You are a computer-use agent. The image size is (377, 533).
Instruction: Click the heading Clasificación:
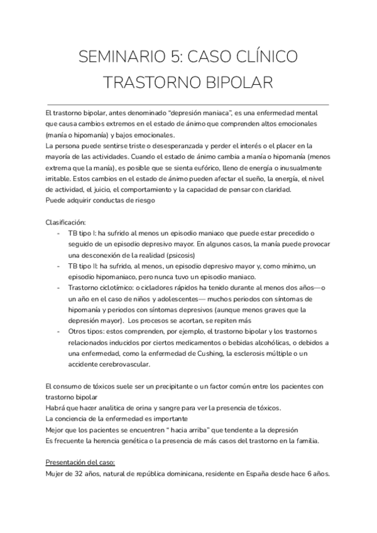[69, 223]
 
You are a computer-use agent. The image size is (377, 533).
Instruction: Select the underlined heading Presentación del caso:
[80, 463]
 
